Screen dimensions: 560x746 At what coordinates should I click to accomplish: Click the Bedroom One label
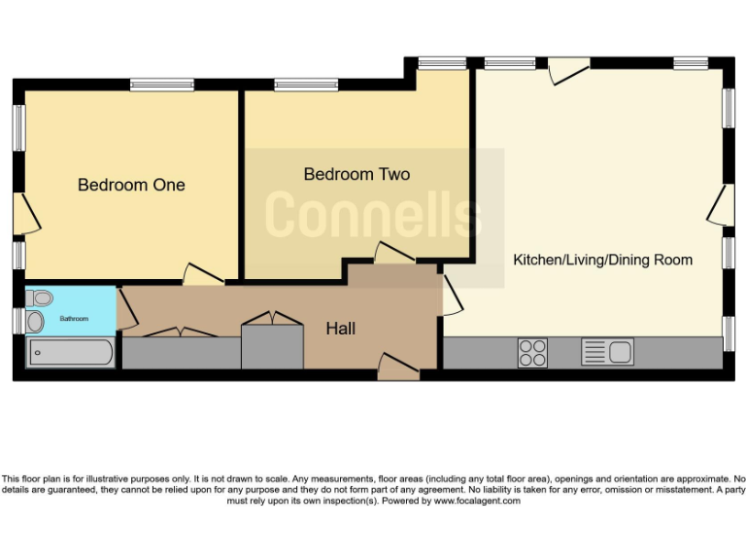(x=131, y=185)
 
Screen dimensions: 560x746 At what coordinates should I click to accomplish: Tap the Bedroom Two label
(x=356, y=174)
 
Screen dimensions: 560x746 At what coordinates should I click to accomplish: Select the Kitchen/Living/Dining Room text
(x=602, y=260)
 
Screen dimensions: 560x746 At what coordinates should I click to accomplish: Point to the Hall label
(x=340, y=329)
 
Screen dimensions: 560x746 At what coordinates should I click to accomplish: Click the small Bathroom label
(x=74, y=319)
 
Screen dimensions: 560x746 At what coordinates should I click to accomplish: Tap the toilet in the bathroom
(x=40, y=297)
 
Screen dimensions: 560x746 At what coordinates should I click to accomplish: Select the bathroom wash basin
(x=36, y=321)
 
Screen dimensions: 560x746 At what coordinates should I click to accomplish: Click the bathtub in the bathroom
(x=71, y=353)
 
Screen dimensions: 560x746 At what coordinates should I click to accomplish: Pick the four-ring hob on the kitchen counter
(x=531, y=352)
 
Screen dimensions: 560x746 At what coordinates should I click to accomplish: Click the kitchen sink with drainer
(x=607, y=351)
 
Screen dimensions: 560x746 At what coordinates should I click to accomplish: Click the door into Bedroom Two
(x=394, y=254)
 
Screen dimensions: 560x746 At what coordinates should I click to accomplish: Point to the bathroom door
(x=125, y=308)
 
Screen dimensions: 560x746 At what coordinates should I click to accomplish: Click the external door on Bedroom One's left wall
(x=26, y=214)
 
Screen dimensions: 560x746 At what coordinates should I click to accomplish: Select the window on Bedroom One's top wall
(x=162, y=86)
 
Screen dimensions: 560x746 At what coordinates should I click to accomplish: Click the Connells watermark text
(x=373, y=214)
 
